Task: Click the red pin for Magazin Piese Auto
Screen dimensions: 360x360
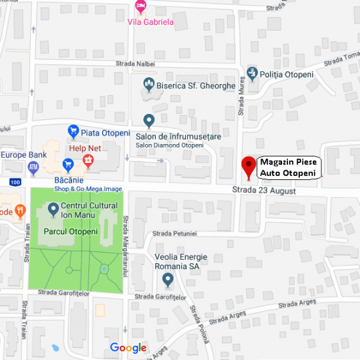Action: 248,166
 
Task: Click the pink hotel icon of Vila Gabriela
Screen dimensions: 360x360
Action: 140,7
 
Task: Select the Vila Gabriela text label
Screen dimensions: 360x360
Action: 154,22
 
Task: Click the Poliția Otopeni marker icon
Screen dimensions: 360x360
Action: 253,74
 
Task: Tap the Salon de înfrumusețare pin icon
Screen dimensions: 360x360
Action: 149,120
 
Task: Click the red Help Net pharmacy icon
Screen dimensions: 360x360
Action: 86,160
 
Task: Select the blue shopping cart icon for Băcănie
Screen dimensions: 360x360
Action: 67,164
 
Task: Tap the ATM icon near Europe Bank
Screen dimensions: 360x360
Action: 34,166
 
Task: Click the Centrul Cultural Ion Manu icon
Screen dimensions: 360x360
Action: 53,211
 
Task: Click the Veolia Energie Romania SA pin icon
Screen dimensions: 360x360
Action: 168,280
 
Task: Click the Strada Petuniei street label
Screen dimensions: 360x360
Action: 174,233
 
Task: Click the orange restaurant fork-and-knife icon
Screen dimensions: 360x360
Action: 20,211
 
